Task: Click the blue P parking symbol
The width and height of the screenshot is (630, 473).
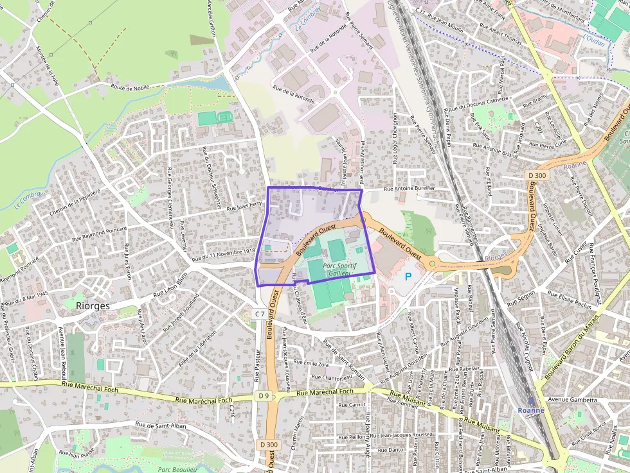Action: [x=408, y=277]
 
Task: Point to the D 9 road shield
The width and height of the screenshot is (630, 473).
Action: [x=264, y=396]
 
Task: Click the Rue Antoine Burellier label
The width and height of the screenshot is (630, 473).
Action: [x=410, y=189]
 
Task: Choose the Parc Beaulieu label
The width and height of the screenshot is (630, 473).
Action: [x=177, y=469]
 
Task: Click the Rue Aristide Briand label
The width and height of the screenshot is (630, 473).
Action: [x=495, y=150]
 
